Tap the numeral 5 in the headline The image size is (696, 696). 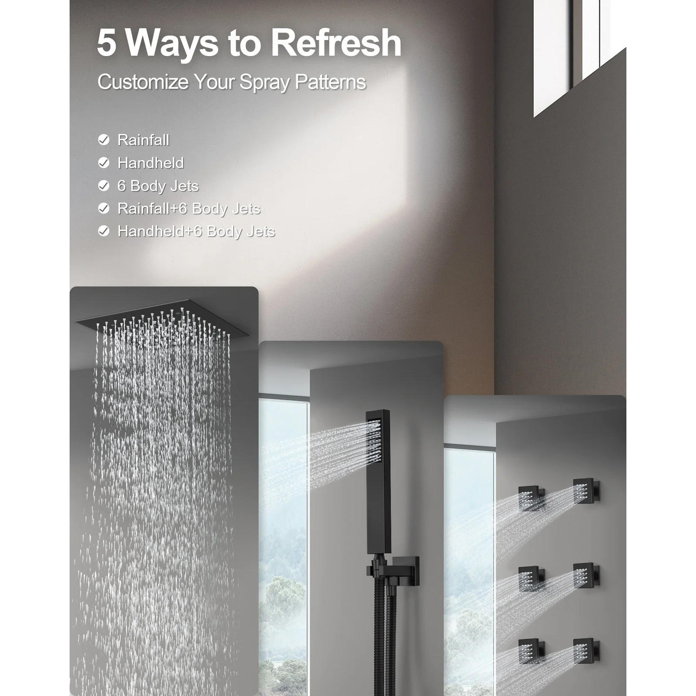pyautogui.click(x=107, y=43)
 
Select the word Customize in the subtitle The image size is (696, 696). pyautogui.click(x=143, y=82)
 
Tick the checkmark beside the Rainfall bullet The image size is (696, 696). pyautogui.click(x=104, y=140)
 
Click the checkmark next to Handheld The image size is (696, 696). pyautogui.click(x=104, y=163)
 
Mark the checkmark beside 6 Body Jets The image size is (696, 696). pyautogui.click(x=104, y=186)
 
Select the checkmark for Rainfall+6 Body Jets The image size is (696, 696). pyautogui.click(x=104, y=208)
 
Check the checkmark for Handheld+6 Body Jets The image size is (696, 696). pyautogui.click(x=104, y=231)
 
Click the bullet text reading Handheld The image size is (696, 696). pyautogui.click(x=151, y=163)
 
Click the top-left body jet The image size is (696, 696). pyautogui.click(x=531, y=498)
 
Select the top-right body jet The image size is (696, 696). pyautogui.click(x=586, y=491)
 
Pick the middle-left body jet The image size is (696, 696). pyautogui.click(x=531, y=579)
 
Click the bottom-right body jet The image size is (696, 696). pyautogui.click(x=586, y=651)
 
